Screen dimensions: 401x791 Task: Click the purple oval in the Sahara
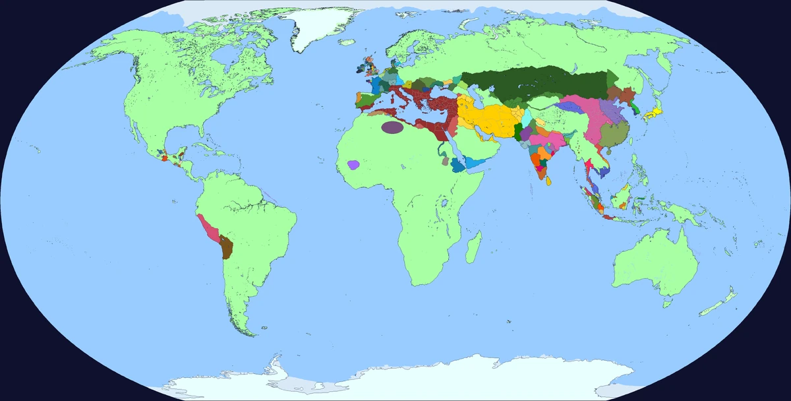pyautogui.click(x=394, y=127)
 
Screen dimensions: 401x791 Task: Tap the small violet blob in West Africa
pyautogui.click(x=355, y=164)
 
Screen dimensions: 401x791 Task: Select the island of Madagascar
pyautogui.click(x=473, y=249)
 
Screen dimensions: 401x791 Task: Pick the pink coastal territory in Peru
pyautogui.click(x=210, y=228)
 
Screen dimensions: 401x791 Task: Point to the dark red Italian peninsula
pyautogui.click(x=403, y=102)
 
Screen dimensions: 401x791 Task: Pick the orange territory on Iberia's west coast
pyautogui.click(x=359, y=100)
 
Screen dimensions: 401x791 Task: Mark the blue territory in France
pyautogui.click(x=377, y=85)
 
